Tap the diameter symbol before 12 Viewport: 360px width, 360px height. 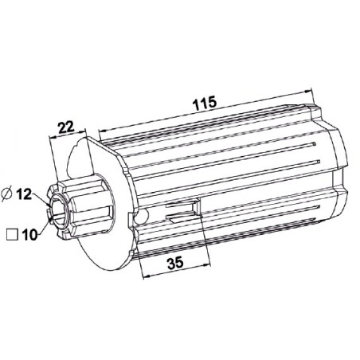click(x=7, y=194)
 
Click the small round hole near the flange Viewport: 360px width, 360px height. click(x=141, y=217)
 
